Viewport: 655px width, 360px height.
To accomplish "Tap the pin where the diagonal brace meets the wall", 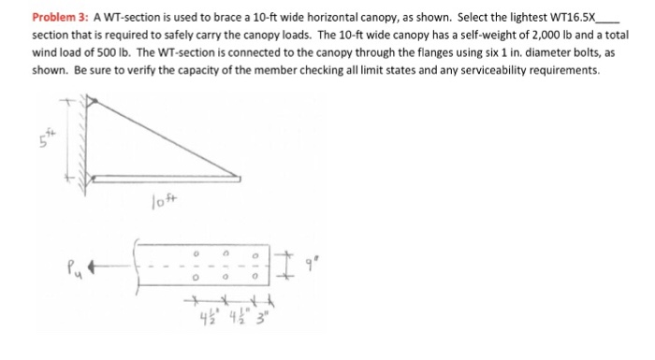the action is (x=93, y=101).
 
